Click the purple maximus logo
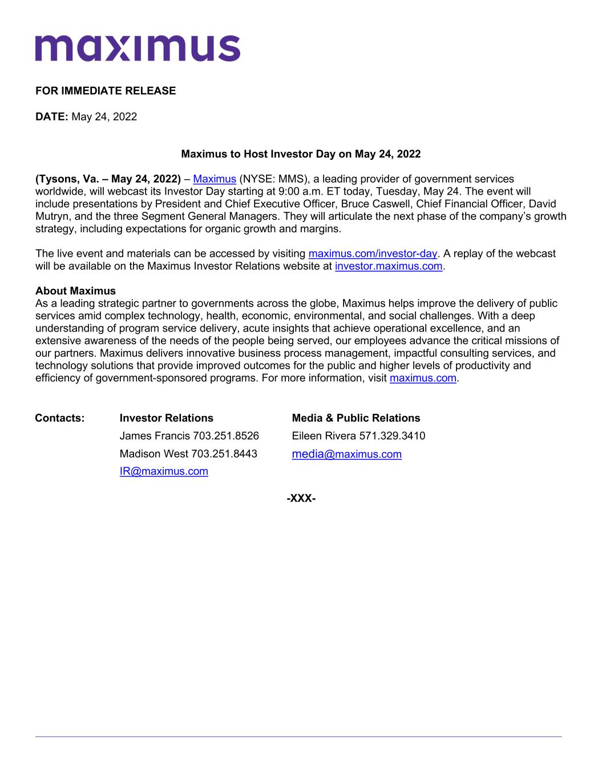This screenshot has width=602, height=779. [138, 48]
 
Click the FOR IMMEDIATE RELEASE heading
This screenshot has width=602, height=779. [106, 91]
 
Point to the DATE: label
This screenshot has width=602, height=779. [52, 117]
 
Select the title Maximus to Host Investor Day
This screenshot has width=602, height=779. [301, 154]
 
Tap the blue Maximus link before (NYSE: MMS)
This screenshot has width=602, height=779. [215, 179]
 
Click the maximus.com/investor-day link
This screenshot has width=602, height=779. [373, 253]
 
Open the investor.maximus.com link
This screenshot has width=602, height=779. [389, 266]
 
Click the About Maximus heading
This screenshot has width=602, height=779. [75, 291]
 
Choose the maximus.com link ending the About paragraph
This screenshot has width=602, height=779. [423, 378]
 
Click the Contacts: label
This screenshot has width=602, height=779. [60, 418]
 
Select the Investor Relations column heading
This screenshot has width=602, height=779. [166, 418]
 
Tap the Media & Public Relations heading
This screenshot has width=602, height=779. [355, 418]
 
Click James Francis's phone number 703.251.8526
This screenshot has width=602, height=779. [226, 436]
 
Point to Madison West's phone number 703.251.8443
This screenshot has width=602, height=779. [224, 454]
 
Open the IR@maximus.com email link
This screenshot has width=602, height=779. [164, 471]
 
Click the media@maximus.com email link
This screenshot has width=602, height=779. [346, 454]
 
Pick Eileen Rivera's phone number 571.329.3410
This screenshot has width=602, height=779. [392, 436]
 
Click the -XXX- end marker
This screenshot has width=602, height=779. [301, 499]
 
